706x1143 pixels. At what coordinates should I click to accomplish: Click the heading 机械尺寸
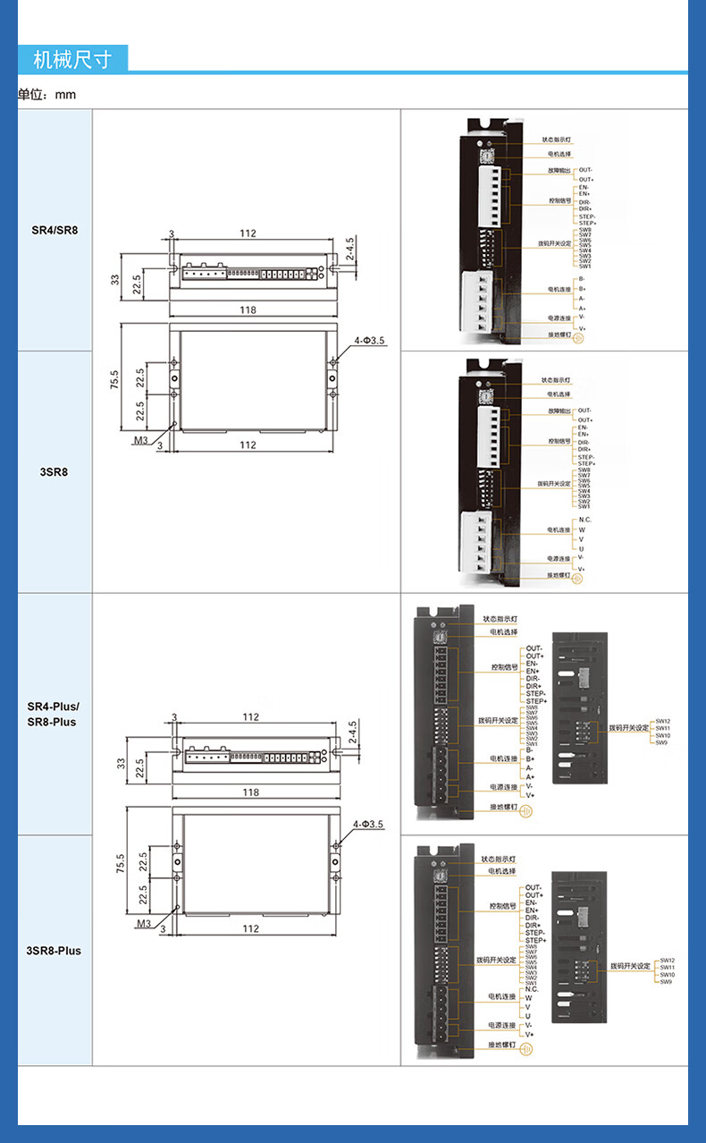(x=72, y=60)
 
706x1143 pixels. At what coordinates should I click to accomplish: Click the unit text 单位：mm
(x=47, y=94)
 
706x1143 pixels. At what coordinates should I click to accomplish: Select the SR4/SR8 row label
(x=55, y=230)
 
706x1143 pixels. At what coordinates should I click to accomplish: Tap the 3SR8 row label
(x=55, y=471)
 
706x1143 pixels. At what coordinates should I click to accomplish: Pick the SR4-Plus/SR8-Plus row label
(x=52, y=714)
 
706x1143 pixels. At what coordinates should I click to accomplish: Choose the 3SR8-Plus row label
(x=54, y=951)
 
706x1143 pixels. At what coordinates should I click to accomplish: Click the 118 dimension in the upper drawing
(x=248, y=310)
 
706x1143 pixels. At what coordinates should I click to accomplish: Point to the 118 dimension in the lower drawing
(x=250, y=792)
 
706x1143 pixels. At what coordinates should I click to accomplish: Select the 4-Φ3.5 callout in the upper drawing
(x=368, y=341)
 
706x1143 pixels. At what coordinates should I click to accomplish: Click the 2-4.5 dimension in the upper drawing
(x=350, y=248)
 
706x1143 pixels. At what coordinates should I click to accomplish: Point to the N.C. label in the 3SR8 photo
(x=584, y=520)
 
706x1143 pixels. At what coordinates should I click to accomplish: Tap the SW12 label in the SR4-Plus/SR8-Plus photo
(x=662, y=721)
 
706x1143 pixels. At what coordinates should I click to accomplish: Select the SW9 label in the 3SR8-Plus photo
(x=665, y=982)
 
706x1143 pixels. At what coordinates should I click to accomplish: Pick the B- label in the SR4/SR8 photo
(x=582, y=279)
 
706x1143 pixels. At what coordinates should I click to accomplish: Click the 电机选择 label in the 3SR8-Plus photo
(x=501, y=871)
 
